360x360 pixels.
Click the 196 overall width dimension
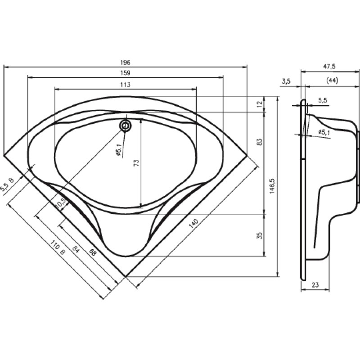click(125, 63)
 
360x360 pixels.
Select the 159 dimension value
click(125, 73)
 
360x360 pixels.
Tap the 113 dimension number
click(125, 85)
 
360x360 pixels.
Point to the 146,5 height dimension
click(272, 186)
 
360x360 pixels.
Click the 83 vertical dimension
click(260, 142)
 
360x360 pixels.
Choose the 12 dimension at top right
click(260, 104)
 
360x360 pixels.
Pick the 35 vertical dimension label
click(260, 235)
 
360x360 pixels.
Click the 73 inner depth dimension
click(136, 162)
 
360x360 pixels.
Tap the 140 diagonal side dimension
click(193, 223)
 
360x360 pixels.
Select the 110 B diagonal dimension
click(58, 247)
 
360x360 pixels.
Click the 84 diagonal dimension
click(76, 249)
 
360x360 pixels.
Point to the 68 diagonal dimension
click(93, 252)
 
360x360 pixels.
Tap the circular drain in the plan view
click(126, 126)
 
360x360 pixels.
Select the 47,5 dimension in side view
click(329, 66)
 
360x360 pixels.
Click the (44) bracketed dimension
click(332, 81)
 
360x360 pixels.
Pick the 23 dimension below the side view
click(315, 285)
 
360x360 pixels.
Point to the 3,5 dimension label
click(286, 81)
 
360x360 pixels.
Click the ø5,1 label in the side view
click(324, 132)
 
